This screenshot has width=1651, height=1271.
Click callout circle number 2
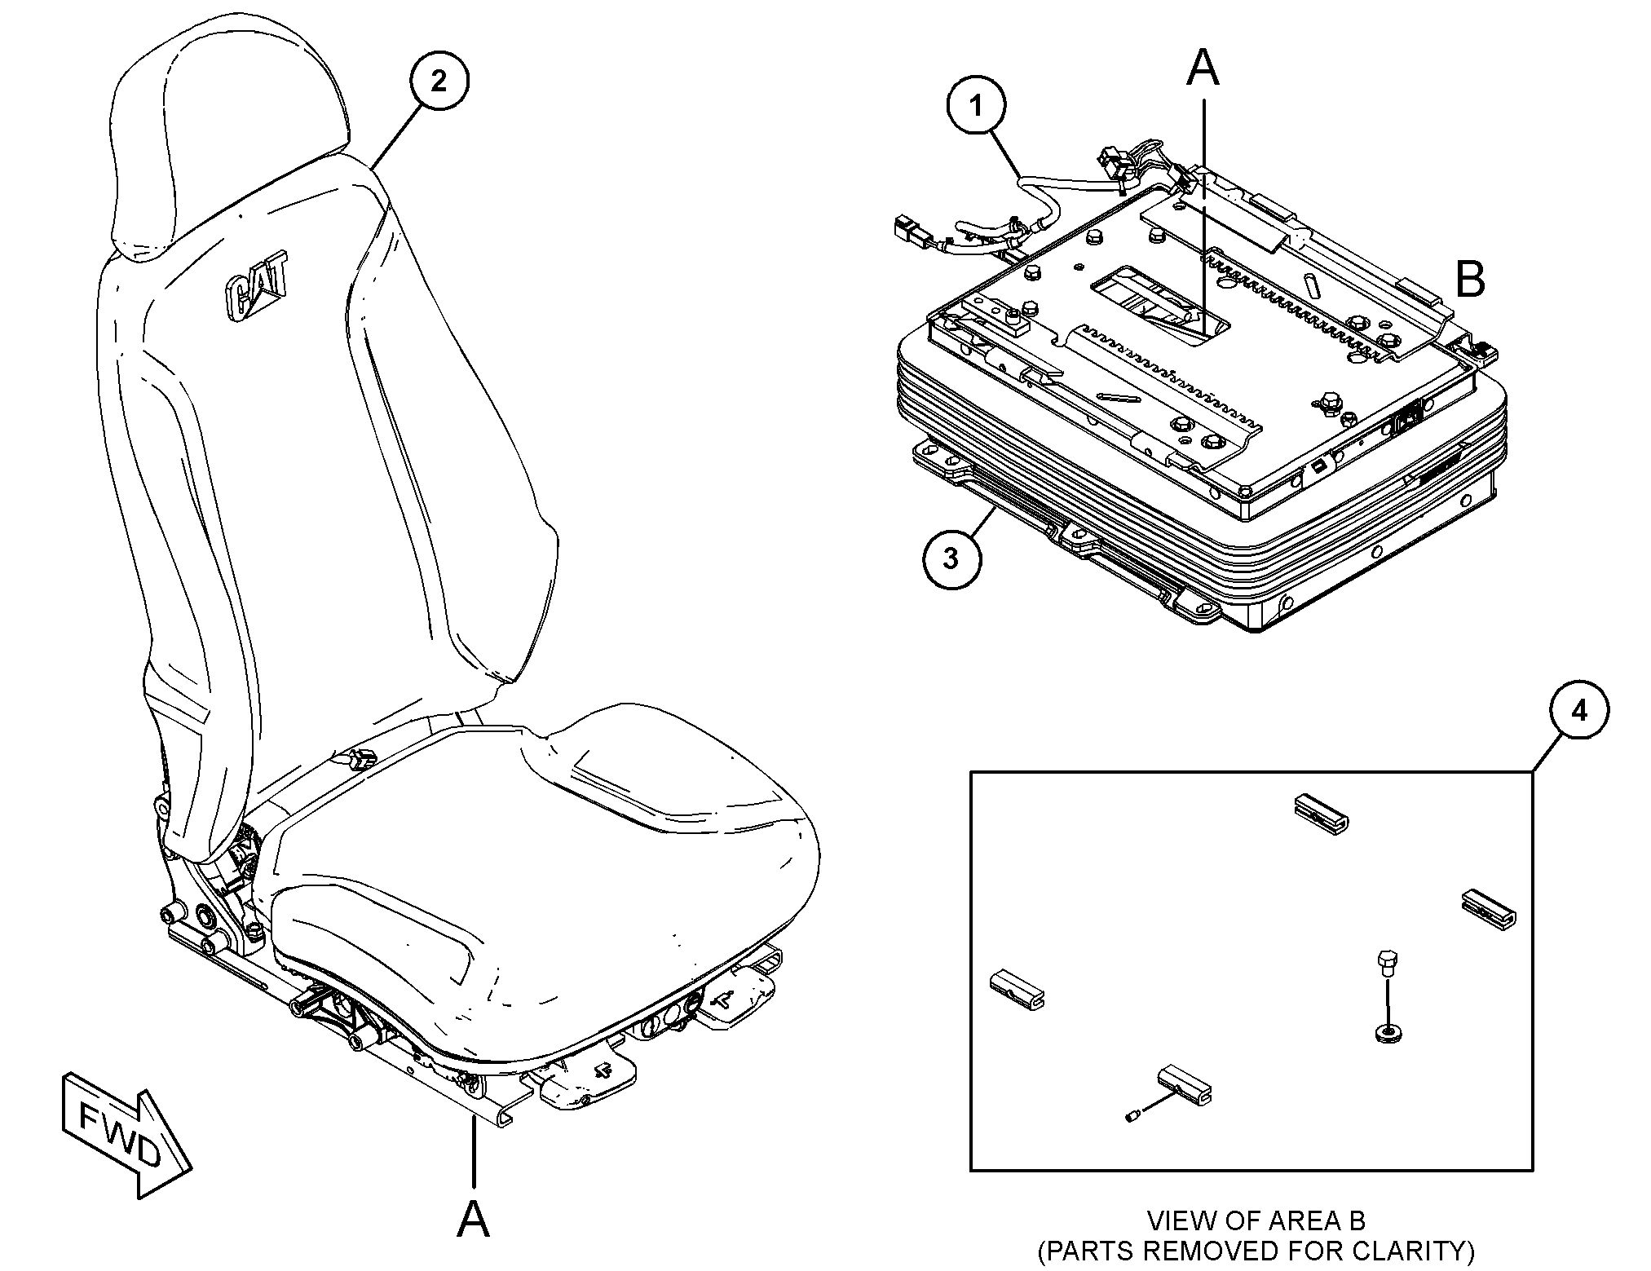click(439, 81)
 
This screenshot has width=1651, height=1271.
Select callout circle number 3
click(952, 559)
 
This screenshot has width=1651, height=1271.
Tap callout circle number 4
click(1579, 711)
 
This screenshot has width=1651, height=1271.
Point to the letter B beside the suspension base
click(1470, 280)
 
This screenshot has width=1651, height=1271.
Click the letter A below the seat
click(473, 1220)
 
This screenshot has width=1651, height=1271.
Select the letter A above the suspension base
click(1203, 67)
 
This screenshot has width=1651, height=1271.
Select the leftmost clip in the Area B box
click(1017, 988)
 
